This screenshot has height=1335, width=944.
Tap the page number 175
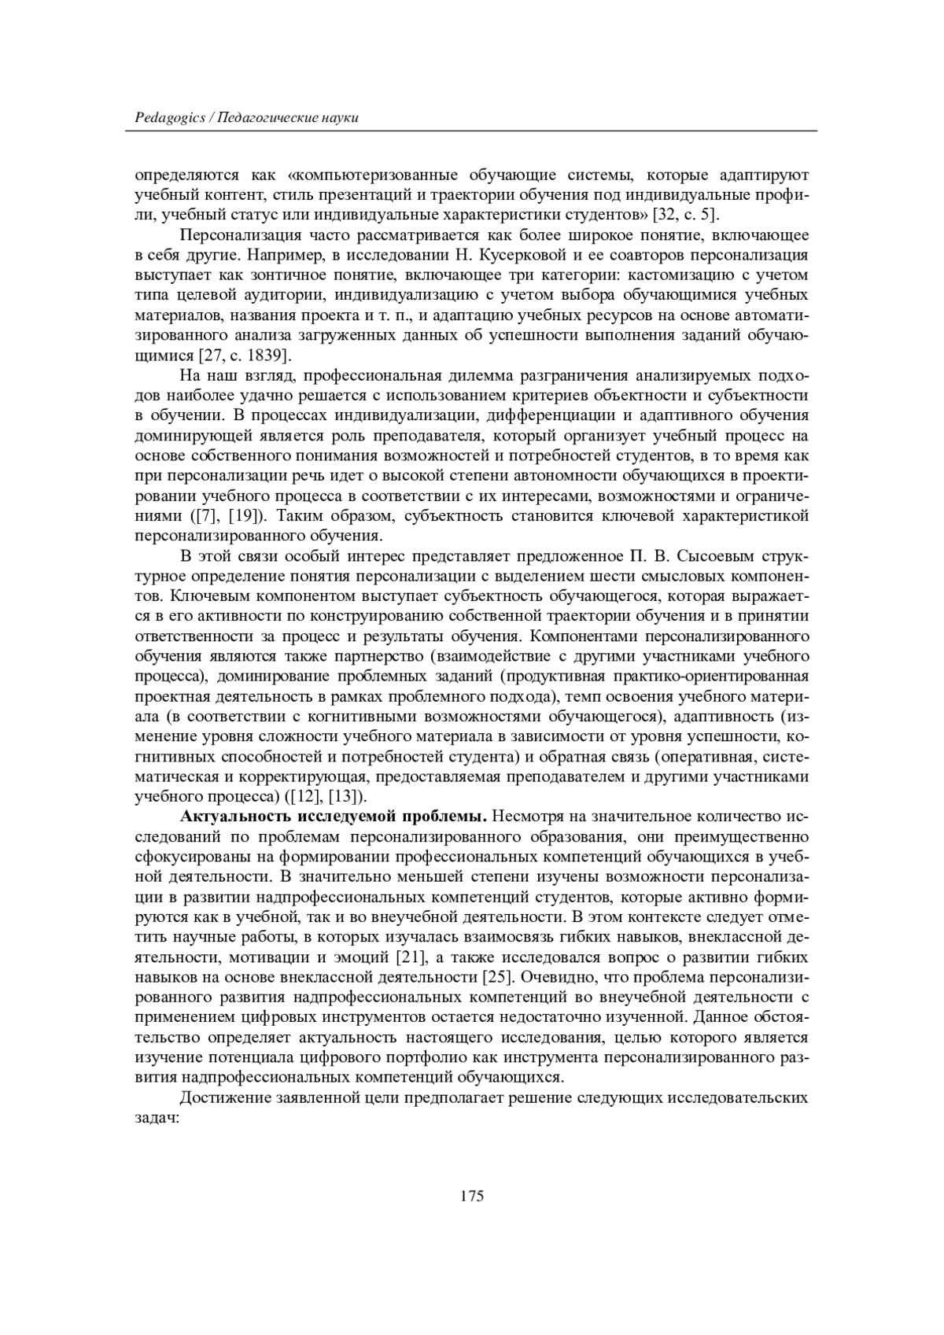click(x=471, y=1197)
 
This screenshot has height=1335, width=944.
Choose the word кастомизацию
click(x=684, y=275)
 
